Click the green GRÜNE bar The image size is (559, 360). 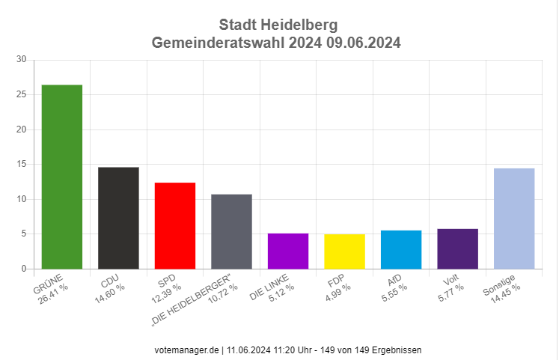[x=62, y=177]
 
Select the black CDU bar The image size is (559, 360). [x=118, y=218]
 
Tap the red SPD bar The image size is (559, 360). [x=175, y=225]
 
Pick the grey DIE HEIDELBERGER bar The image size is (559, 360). [x=231, y=232]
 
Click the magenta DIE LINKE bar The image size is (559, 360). [x=288, y=251]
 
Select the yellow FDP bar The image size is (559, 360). [x=344, y=251]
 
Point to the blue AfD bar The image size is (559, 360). [x=401, y=249]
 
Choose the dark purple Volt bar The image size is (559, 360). [x=457, y=248]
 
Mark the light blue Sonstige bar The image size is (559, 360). [x=514, y=219]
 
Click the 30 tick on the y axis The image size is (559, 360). [x=22, y=59]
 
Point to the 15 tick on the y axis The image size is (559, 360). [x=22, y=164]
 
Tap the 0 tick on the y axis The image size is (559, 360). [x=24, y=269]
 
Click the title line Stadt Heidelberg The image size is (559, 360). [x=278, y=25]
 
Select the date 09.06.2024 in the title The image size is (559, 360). [x=363, y=43]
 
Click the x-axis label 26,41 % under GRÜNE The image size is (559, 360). [x=53, y=294]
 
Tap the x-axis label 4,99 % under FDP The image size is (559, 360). [x=338, y=293]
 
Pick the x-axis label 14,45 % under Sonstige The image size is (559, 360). [x=505, y=294]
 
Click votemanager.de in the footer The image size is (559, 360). [x=186, y=350]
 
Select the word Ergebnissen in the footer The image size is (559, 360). [x=397, y=350]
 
